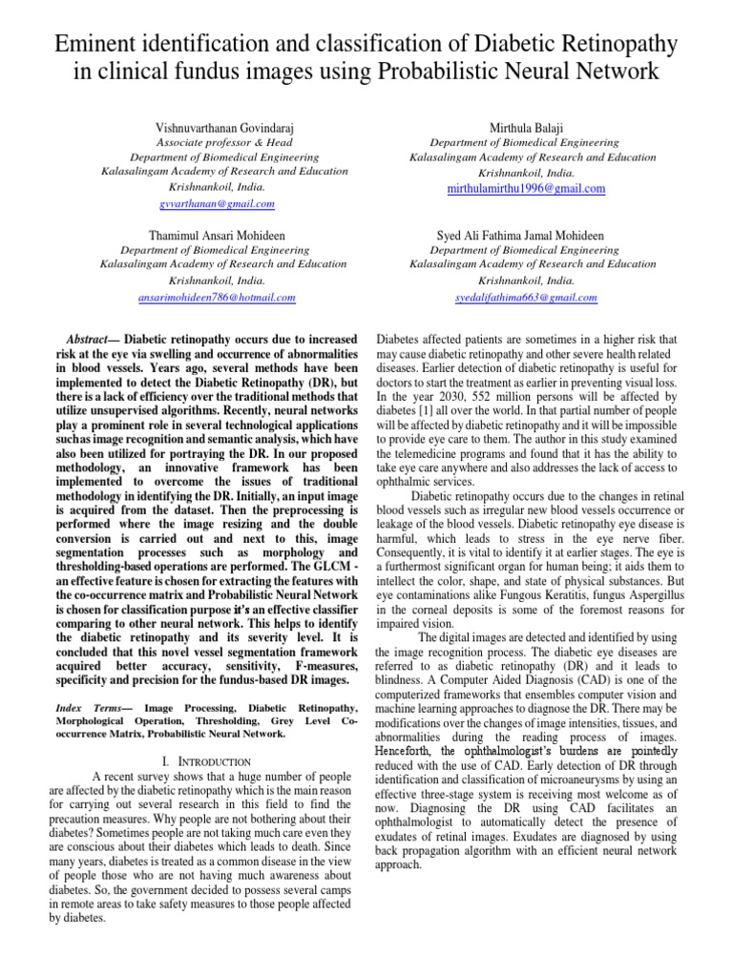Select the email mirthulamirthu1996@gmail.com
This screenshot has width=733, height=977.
tap(526, 189)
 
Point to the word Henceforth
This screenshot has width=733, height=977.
tap(415, 751)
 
